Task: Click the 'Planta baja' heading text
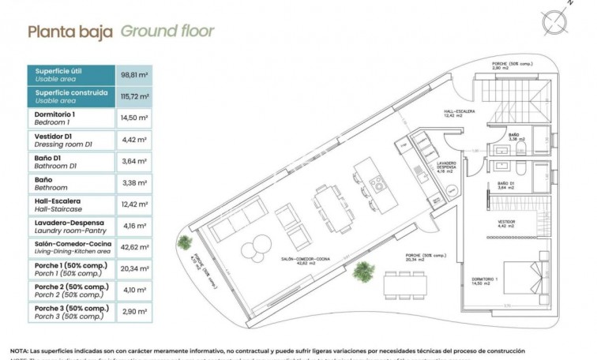(x=70, y=32)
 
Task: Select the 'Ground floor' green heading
(x=167, y=32)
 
